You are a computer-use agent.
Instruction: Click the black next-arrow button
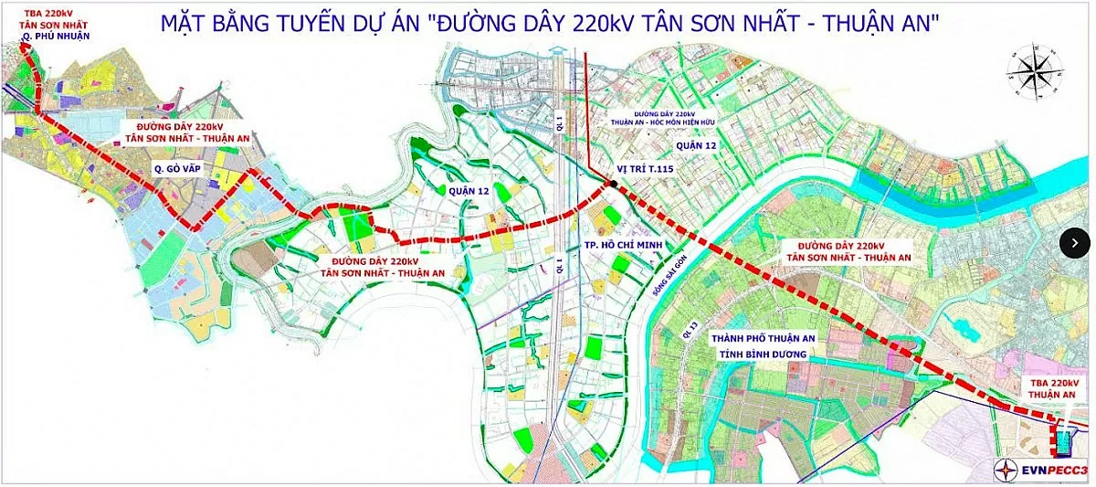click(1075, 242)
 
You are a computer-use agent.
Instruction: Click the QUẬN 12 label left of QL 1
click(470, 191)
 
